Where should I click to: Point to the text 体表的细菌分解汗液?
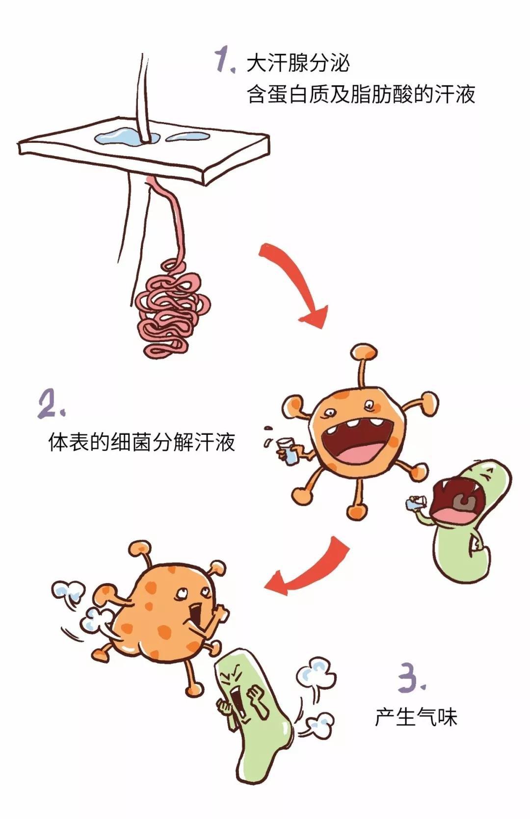(x=142, y=442)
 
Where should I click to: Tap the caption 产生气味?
(x=416, y=717)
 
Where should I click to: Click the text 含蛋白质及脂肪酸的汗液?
(x=361, y=94)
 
